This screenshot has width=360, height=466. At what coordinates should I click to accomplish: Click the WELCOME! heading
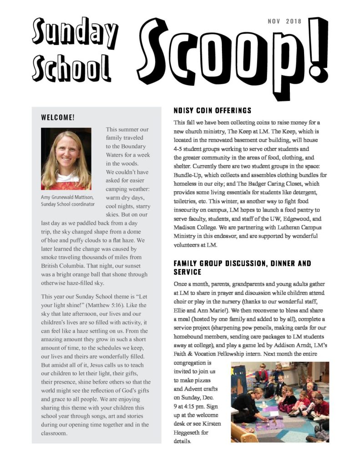click(x=58, y=117)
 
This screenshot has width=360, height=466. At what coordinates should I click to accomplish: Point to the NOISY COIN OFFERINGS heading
click(x=212, y=111)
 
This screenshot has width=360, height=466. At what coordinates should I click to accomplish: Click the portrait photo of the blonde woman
click(x=66, y=159)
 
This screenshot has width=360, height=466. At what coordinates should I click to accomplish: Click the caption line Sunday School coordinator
click(x=68, y=204)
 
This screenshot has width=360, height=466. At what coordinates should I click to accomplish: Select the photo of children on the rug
click(x=279, y=402)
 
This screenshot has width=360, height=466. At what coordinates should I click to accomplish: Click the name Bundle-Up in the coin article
click(x=188, y=175)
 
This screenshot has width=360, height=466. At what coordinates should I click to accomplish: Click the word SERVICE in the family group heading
click(x=188, y=272)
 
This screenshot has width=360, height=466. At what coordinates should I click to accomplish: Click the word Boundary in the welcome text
click(x=132, y=146)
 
